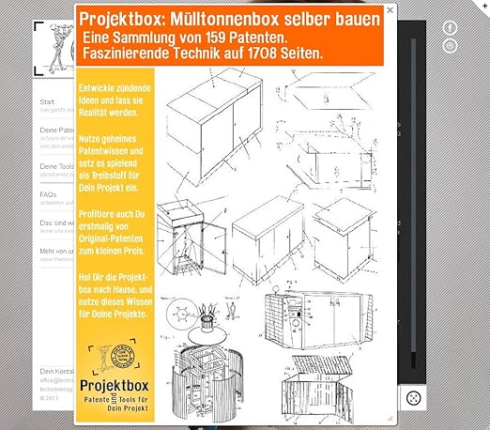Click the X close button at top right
pyautogui.click(x=389, y=14)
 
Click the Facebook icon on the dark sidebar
pyautogui.click(x=451, y=28)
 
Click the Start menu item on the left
pyautogui.click(x=47, y=101)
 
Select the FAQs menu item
pyautogui.click(x=48, y=194)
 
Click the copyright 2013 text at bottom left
pyautogui.click(x=49, y=398)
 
